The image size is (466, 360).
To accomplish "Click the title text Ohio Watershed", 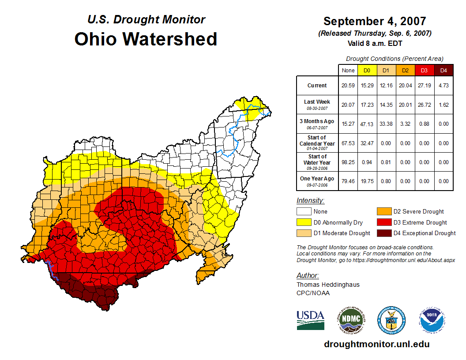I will pos(146,39).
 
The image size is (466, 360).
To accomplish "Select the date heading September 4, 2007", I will pos(375,21).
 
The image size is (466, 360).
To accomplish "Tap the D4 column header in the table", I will pos(443,70).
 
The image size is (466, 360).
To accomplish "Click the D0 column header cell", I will pos(367,70).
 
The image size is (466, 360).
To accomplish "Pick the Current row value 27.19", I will pos(424,86).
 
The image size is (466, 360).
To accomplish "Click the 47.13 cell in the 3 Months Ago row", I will pos(367,124).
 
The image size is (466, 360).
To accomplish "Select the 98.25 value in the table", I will pos(348,162).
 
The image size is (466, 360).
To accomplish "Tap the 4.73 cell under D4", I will pos(443,86).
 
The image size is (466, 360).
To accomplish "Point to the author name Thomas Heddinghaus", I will pos(328,285).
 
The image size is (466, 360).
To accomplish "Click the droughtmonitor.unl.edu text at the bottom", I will pos(376,344).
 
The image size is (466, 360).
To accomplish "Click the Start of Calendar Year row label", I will pos(317,143).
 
